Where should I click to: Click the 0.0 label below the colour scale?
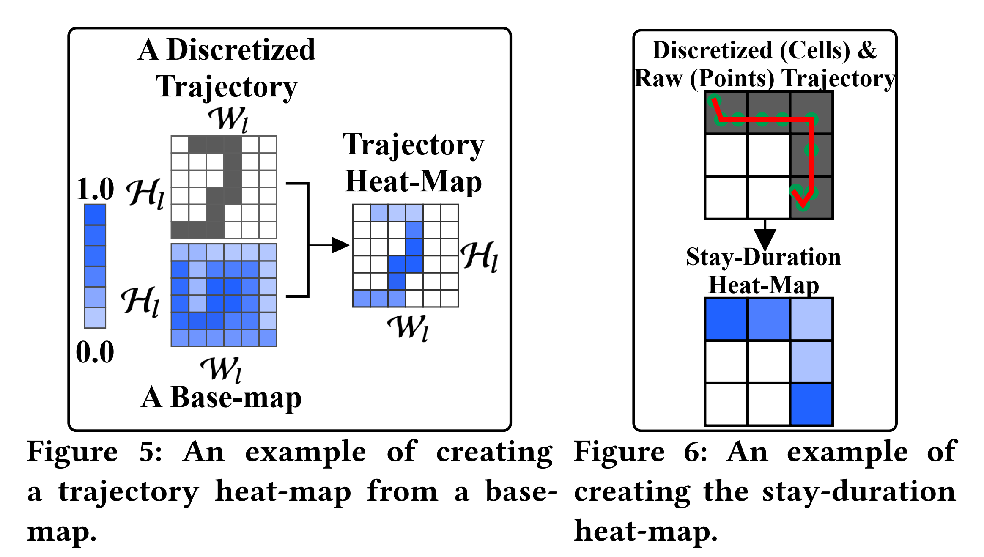tap(95, 352)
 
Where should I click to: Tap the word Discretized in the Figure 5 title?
tap(241, 50)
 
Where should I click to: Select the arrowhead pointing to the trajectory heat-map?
tap(340, 245)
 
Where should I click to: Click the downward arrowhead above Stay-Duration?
tap(765, 239)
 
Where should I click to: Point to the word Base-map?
tap(236, 398)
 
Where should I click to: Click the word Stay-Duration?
tap(763, 257)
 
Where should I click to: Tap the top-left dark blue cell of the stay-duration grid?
tap(726, 319)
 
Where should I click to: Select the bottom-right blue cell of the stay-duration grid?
tap(811, 404)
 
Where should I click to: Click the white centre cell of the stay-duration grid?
tap(769, 362)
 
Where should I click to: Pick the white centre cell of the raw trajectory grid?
tap(769, 155)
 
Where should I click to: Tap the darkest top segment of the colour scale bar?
tap(95, 214)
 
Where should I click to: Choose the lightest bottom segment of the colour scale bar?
tap(95, 318)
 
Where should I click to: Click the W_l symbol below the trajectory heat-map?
tap(408, 327)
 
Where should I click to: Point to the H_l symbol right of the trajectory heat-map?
tap(480, 256)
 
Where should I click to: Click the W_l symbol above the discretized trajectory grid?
tap(228, 119)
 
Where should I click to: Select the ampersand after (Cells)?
tap(867, 50)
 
